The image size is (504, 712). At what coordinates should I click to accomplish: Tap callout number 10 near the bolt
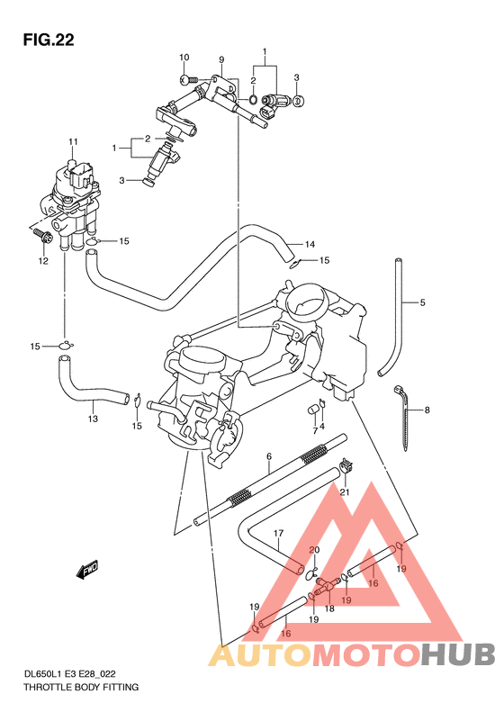coord(184,58)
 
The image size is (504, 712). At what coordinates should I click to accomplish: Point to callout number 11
coord(73,141)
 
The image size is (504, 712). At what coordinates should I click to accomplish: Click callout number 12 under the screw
coord(41,261)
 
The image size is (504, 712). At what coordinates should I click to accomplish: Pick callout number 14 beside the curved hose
coord(309,244)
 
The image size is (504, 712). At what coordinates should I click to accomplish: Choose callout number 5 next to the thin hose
coord(421,302)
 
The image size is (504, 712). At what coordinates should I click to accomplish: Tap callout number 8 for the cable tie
coord(427,410)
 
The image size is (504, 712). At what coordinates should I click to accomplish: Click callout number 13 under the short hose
coord(93,419)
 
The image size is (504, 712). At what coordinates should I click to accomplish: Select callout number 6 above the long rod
coord(268,457)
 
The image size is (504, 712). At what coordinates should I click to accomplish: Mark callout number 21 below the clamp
coord(344,491)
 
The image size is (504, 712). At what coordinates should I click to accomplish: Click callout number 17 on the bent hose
coord(279,533)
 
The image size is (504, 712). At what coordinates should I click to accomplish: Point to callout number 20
coord(314,551)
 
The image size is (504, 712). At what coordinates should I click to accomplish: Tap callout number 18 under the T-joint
coord(329,608)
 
